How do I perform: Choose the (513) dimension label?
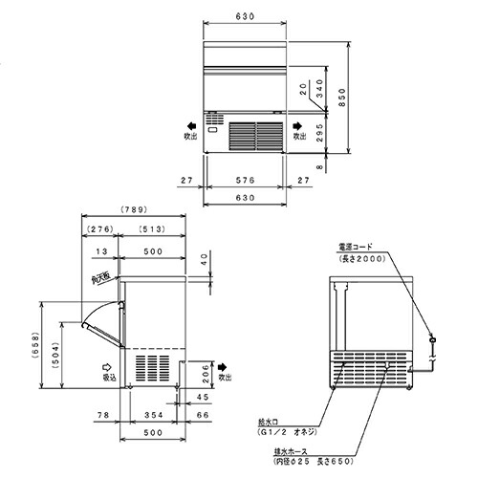tap(152, 229)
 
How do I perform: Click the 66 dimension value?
tap(202, 416)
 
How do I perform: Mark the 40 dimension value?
tap(204, 259)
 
